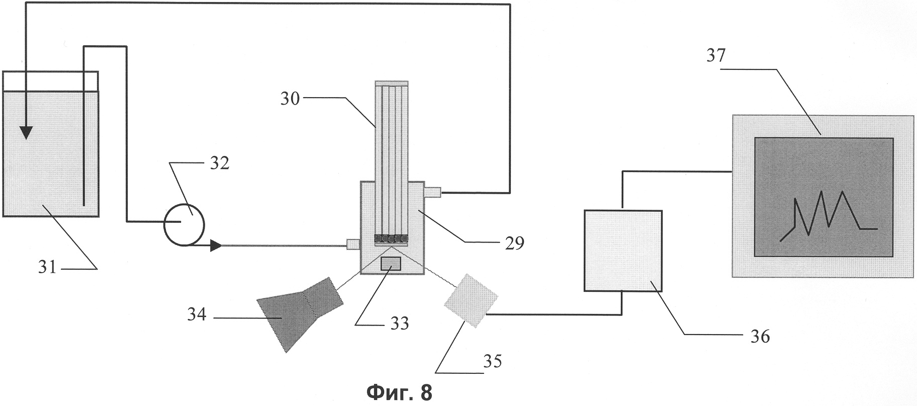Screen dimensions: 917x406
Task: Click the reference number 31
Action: coord(47,267)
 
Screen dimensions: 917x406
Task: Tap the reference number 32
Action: coord(219,163)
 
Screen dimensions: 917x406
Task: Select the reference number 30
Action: coord(290,99)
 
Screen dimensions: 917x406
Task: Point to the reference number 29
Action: coord(514,242)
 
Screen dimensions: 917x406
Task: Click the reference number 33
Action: coord(400,322)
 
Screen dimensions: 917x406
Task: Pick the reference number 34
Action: coord(197,315)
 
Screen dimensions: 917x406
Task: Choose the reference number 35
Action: coord(492,361)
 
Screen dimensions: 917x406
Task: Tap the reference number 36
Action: coord(760,336)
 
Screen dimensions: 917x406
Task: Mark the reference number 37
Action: coord(716,55)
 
